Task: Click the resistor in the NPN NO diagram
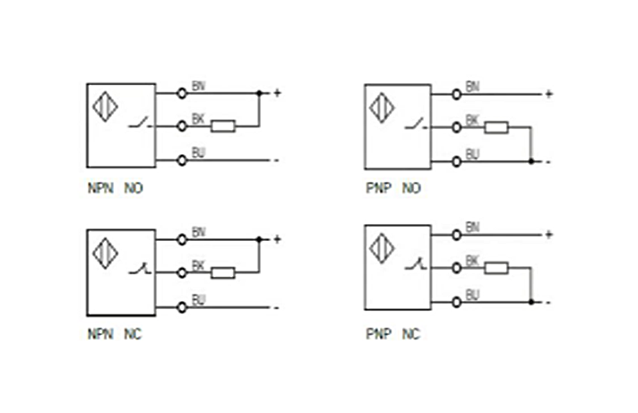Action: (223, 126)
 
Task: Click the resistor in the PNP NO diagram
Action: (496, 127)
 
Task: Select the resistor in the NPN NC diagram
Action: (223, 272)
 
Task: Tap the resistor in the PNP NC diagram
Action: (496, 267)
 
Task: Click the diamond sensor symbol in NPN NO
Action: (105, 106)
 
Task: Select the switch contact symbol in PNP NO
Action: (414, 126)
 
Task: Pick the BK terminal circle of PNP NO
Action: (456, 127)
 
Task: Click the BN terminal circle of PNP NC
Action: (456, 234)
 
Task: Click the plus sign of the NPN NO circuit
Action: (277, 92)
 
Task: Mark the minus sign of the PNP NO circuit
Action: (547, 162)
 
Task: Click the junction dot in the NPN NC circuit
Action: (259, 239)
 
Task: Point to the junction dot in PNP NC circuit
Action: (531, 301)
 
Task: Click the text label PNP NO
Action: (392, 189)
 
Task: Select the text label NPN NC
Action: (114, 334)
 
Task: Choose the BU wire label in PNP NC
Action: (472, 294)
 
